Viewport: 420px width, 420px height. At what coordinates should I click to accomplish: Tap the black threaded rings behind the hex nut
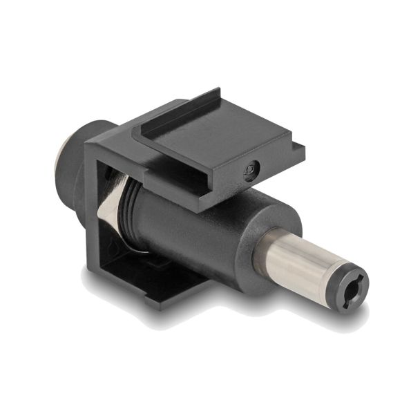pyautogui.click(x=128, y=207)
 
